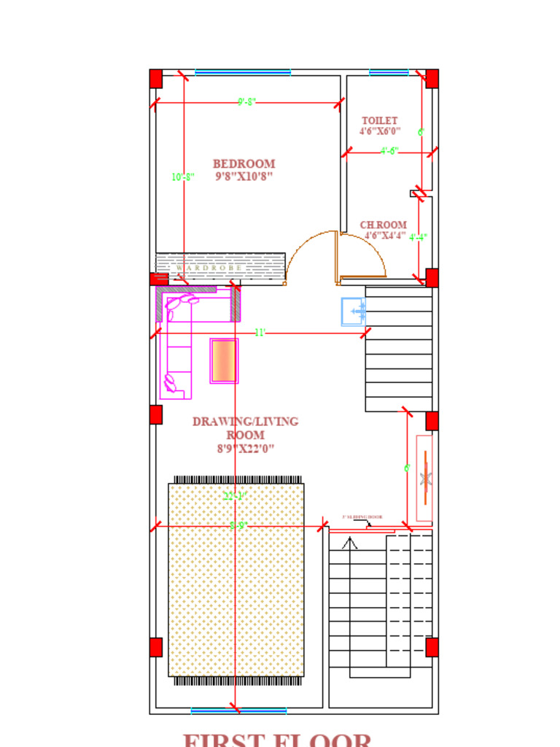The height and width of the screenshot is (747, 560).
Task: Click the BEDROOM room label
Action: pos(244,164)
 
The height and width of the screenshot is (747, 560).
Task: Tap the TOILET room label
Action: pos(380,120)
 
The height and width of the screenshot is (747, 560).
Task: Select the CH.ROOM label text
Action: pos(384,225)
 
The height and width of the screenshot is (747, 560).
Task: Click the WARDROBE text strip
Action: pos(209,268)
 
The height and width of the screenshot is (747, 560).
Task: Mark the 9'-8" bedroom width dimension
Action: pos(246,102)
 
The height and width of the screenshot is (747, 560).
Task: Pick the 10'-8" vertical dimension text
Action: pos(182,177)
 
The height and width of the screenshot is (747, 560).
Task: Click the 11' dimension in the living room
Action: pos(259,333)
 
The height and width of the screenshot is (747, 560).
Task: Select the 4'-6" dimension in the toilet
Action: pos(389,151)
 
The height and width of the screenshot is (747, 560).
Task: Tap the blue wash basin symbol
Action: pos(354,311)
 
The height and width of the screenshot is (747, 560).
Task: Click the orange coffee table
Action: pos(224,360)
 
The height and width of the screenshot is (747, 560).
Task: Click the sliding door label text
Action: pos(362,517)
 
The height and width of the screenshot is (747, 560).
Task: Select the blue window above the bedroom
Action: pos(242,72)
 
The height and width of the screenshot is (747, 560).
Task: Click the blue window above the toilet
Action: pos(389,72)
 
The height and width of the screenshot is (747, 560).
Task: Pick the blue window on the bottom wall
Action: pos(238,711)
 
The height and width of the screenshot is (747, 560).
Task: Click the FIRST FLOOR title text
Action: pos(277,739)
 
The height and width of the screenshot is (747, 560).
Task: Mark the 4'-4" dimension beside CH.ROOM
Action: pos(418,237)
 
